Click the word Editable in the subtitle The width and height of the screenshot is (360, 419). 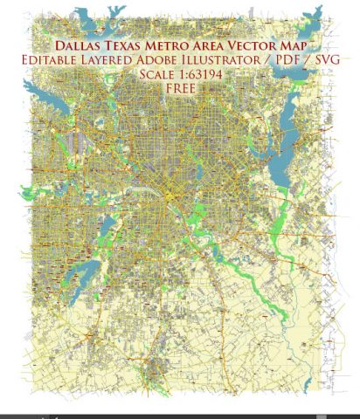[66, 59]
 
